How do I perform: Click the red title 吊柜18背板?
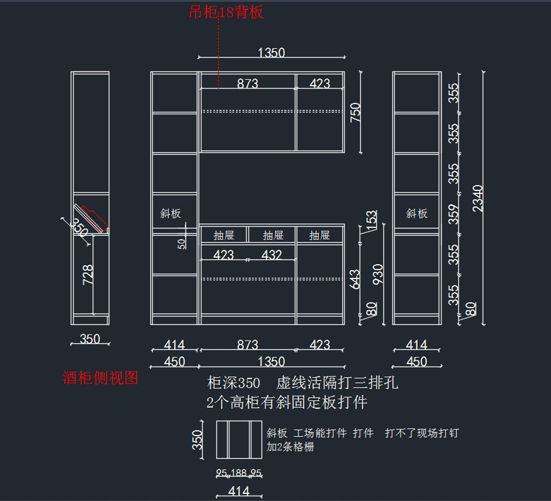point(226,12)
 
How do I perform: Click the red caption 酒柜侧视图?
point(100,378)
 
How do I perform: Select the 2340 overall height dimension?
point(478,198)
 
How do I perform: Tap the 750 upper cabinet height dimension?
point(355,112)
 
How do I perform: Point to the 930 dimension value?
point(378,274)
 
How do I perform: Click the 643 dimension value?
point(355,279)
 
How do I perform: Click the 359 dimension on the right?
point(454,214)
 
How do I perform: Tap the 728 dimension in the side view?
point(88,274)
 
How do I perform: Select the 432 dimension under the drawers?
point(271,255)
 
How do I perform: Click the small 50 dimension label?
point(182,244)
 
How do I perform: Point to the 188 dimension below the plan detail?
point(239,473)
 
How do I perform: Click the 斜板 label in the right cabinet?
point(416,214)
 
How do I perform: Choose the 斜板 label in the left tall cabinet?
point(170,214)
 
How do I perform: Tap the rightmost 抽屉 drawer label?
point(320,236)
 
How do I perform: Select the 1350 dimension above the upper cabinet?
point(271,52)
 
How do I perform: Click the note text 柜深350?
point(234,383)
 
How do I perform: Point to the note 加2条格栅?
point(290,447)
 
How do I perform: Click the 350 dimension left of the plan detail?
point(197,439)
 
